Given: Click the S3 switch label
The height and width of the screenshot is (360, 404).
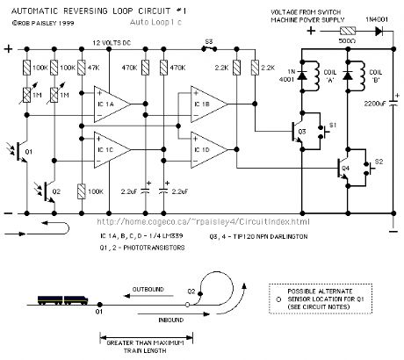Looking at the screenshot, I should [208, 40].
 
